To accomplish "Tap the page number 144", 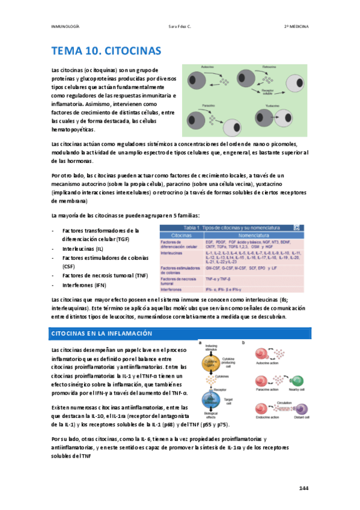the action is (304, 488).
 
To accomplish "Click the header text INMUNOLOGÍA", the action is (66, 26).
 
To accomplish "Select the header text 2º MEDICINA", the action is (296, 26).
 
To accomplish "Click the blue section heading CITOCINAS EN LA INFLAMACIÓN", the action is (101, 333).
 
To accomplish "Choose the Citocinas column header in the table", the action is (182, 235).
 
